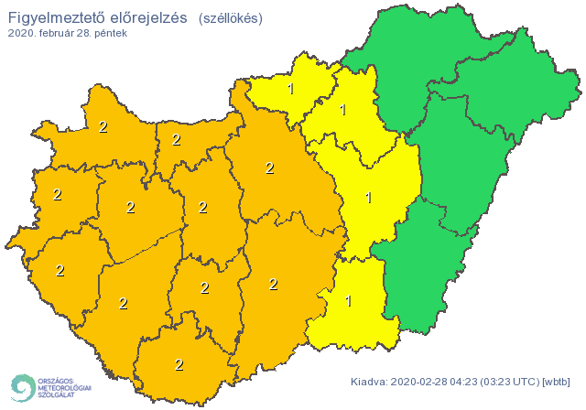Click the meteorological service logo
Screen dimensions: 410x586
tap(50, 388)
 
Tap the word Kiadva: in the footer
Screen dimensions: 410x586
tap(368, 382)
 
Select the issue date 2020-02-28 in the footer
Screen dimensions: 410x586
tap(419, 382)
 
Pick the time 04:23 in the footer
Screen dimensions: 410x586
tap(466, 382)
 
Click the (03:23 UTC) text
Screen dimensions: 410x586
tap(512, 382)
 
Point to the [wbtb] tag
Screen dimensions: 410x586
tap(558, 382)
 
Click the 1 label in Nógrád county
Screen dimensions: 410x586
tap(291, 89)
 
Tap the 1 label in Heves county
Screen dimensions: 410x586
tap(342, 111)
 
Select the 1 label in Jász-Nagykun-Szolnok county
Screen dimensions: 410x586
tap(368, 197)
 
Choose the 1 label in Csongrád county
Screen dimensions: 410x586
tap(348, 300)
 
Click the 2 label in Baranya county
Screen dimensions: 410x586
tap(179, 364)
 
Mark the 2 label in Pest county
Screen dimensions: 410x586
tap(269, 167)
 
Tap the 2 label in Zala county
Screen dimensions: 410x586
tap(60, 270)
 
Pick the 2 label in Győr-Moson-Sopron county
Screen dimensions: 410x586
tap(103, 127)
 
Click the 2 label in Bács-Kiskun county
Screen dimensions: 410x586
tap(273, 284)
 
